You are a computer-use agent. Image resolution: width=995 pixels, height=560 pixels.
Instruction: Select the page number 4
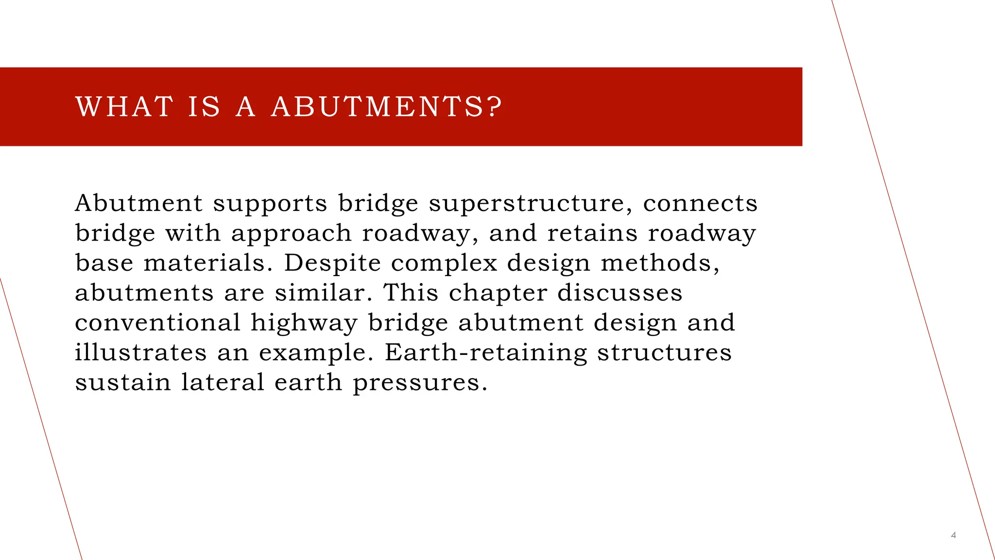pyautogui.click(x=953, y=535)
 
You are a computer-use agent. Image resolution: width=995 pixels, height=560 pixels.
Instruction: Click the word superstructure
pyautogui.click(x=531, y=203)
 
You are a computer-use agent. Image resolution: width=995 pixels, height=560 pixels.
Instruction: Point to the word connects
pyautogui.click(x=700, y=203)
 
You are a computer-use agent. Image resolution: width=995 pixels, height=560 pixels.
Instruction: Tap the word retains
pyautogui.click(x=592, y=233)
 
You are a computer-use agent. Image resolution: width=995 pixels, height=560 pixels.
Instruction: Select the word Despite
pyautogui.click(x=332, y=264)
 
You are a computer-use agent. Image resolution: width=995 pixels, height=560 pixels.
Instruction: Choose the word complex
pyautogui.click(x=444, y=264)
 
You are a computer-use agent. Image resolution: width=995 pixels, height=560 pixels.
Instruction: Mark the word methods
pyautogui.click(x=660, y=263)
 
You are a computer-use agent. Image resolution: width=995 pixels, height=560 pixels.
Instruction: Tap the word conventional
pyautogui.click(x=158, y=323)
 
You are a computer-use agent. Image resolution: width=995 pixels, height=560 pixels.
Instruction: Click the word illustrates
pyautogui.click(x=141, y=352)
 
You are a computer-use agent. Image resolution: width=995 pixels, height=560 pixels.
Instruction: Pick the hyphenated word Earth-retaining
pyautogui.click(x=486, y=353)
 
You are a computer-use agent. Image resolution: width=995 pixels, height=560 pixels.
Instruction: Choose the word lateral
pyautogui.click(x=223, y=382)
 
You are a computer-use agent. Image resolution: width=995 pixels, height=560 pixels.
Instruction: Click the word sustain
pyautogui.click(x=123, y=382)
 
